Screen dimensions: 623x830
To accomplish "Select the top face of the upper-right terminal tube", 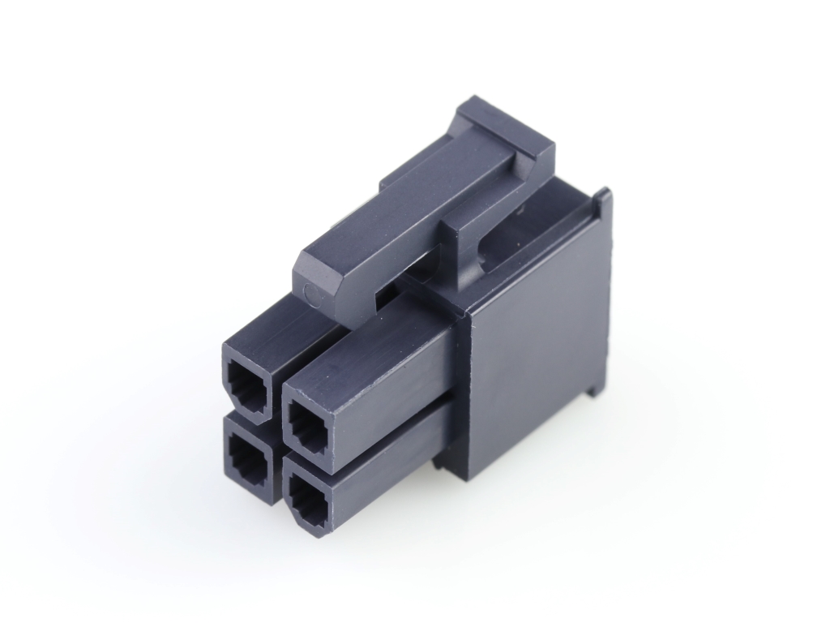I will click(x=365, y=349).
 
